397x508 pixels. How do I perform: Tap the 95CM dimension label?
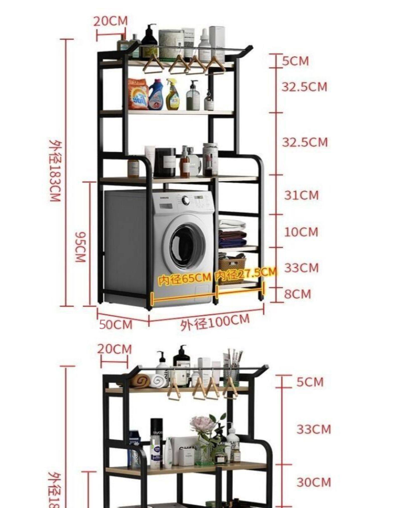[x=81, y=247]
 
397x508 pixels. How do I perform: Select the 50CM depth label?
[x=116, y=324]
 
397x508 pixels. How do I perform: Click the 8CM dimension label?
[x=297, y=294]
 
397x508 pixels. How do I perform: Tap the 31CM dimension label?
[x=301, y=195]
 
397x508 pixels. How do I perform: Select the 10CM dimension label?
[x=301, y=232]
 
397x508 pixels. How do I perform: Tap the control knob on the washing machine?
[x=186, y=200]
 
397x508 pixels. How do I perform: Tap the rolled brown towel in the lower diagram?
[x=139, y=381]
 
